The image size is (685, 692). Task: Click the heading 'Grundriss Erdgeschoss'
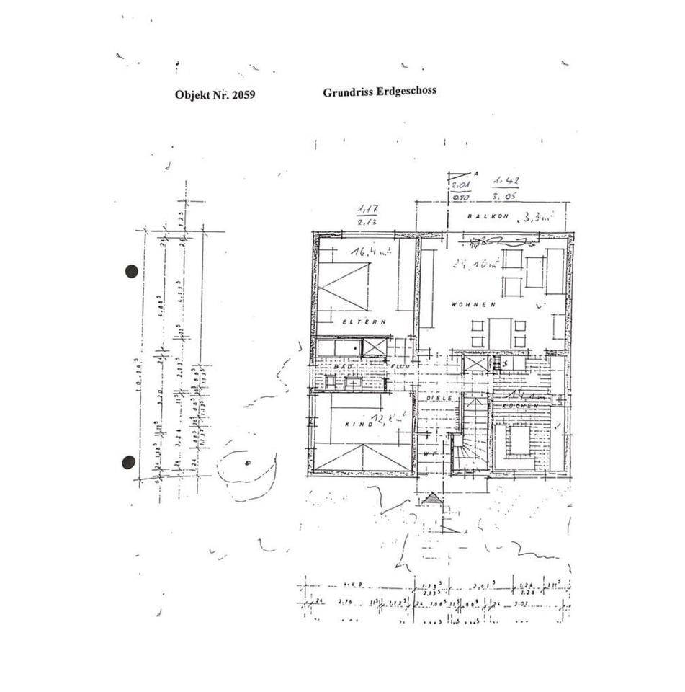379,92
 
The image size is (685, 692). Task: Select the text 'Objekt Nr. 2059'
215,94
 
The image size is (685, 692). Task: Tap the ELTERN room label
365,321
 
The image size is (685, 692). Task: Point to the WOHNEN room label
473,304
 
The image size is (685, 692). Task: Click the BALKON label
488,216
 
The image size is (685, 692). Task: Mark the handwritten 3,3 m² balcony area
536,214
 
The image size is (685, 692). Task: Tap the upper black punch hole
131,271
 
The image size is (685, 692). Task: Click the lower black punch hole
129,462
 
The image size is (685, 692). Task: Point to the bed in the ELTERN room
343,286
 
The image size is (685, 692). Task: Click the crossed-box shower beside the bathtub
375,347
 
